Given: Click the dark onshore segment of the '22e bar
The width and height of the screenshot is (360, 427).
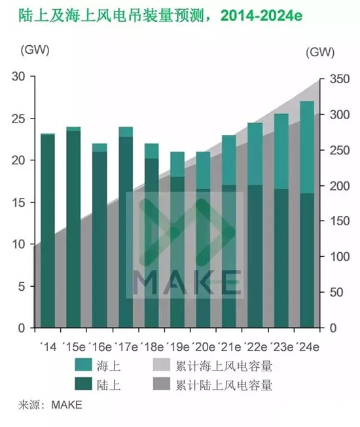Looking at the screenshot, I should [x=255, y=256].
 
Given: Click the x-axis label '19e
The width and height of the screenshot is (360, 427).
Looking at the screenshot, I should [x=179, y=345].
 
